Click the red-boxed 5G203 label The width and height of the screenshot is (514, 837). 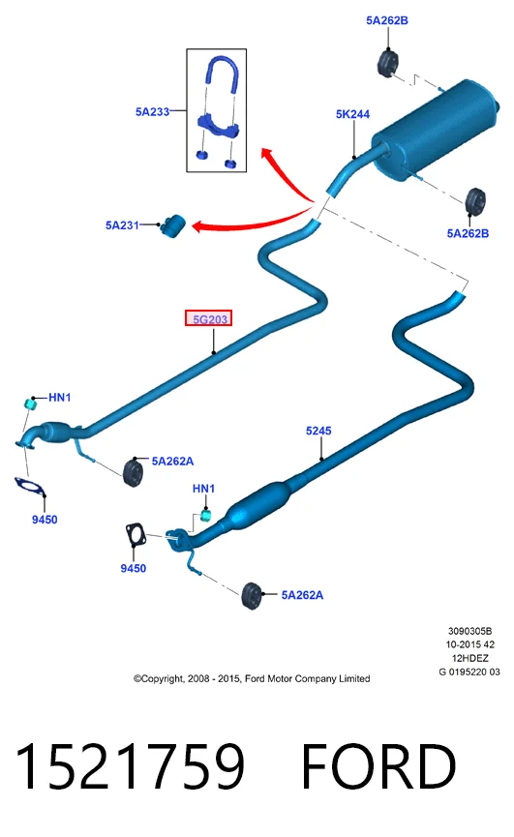click(209, 318)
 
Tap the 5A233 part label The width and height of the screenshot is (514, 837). click(152, 111)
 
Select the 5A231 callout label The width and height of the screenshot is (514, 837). click(122, 225)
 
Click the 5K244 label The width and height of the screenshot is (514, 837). click(352, 114)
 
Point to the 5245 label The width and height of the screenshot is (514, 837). click(318, 431)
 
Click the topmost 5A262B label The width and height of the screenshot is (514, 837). click(387, 20)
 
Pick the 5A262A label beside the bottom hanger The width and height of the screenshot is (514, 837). click(302, 595)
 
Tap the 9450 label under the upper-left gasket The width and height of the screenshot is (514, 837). click(45, 520)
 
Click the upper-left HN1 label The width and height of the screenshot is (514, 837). click(59, 397)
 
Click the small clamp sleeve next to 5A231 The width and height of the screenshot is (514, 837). click(172, 225)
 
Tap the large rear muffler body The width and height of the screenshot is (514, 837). click(435, 131)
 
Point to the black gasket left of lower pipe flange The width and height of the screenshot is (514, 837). click(136, 535)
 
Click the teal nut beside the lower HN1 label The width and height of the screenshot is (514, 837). click(205, 516)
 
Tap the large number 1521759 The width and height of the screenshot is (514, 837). click(130, 766)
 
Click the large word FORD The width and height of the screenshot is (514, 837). click(378, 766)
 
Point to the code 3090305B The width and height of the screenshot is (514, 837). click(469, 631)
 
